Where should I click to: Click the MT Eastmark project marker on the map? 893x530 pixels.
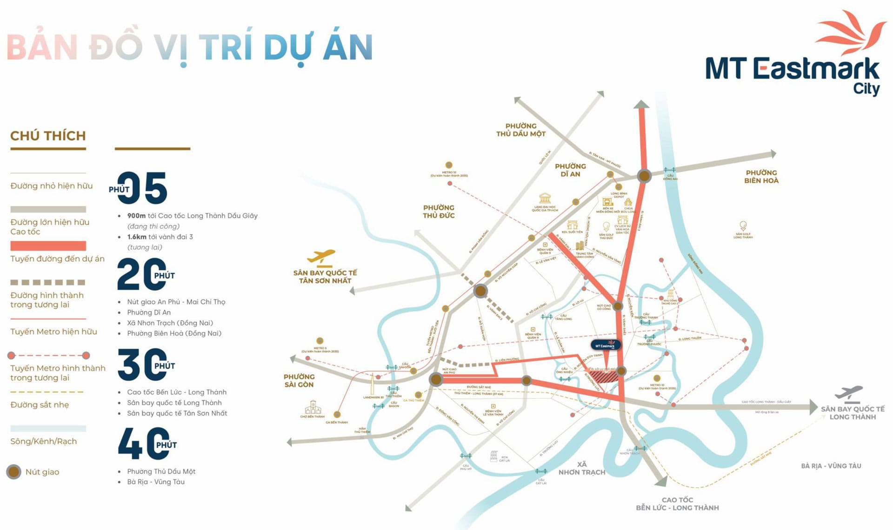pos(606,345)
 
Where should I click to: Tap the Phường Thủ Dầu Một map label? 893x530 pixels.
pos(521,130)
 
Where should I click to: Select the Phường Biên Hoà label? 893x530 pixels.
pos(761,177)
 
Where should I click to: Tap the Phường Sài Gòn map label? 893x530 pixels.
pos(299,380)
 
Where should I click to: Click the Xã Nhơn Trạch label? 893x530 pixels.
pos(582,468)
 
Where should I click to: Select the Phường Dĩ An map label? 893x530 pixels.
pos(570,170)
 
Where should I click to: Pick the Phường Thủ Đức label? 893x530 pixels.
pos(439,211)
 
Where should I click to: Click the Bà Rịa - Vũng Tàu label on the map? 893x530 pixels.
pos(831,466)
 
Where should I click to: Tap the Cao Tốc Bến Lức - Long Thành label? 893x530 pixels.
pos(677,503)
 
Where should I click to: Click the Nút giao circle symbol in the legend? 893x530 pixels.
pos(14,472)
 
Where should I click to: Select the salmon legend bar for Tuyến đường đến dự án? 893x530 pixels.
pos(48,246)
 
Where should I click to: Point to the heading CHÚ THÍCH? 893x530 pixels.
pos(48,136)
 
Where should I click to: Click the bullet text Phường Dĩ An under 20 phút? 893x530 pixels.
pos(149,312)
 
